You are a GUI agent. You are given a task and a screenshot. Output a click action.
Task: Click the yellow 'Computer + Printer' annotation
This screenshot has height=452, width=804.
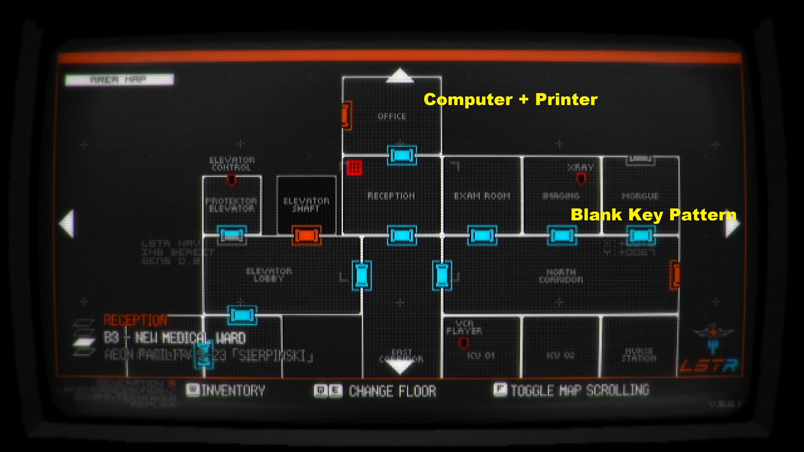coord(510,100)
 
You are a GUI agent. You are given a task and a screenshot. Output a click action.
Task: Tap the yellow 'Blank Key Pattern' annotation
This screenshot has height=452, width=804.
coord(653,215)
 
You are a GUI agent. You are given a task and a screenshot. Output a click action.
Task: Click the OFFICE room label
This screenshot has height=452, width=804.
coord(392,116)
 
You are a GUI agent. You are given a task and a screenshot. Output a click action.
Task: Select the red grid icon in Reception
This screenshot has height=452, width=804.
coord(354,167)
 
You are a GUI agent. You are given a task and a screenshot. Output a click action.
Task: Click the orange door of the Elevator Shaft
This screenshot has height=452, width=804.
coord(307,236)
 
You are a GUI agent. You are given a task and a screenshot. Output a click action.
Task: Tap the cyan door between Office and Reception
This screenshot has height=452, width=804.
coord(402,155)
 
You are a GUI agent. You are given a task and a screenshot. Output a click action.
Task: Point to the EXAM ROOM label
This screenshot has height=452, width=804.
coord(482,196)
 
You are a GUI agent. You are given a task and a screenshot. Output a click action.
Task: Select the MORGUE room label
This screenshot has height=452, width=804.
coord(640,196)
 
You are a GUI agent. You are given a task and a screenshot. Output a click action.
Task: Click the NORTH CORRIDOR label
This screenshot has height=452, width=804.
coord(561,276)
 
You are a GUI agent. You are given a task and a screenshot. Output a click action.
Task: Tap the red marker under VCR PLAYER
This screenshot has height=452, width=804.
coord(464,344)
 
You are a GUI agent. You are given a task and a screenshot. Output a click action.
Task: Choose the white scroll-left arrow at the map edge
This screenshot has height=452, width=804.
coord(67,223)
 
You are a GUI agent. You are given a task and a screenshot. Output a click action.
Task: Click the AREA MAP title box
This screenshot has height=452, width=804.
coord(119,80)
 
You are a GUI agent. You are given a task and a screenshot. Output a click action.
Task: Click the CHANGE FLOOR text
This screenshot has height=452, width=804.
coord(392,391)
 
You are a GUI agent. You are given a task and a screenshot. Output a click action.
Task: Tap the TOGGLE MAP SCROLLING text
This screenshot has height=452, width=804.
coord(580,390)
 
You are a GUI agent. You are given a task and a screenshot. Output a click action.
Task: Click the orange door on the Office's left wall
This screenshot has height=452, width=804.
coord(345,115)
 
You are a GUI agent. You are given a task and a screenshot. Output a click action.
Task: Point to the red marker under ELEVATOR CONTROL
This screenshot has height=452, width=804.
coord(231,180)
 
